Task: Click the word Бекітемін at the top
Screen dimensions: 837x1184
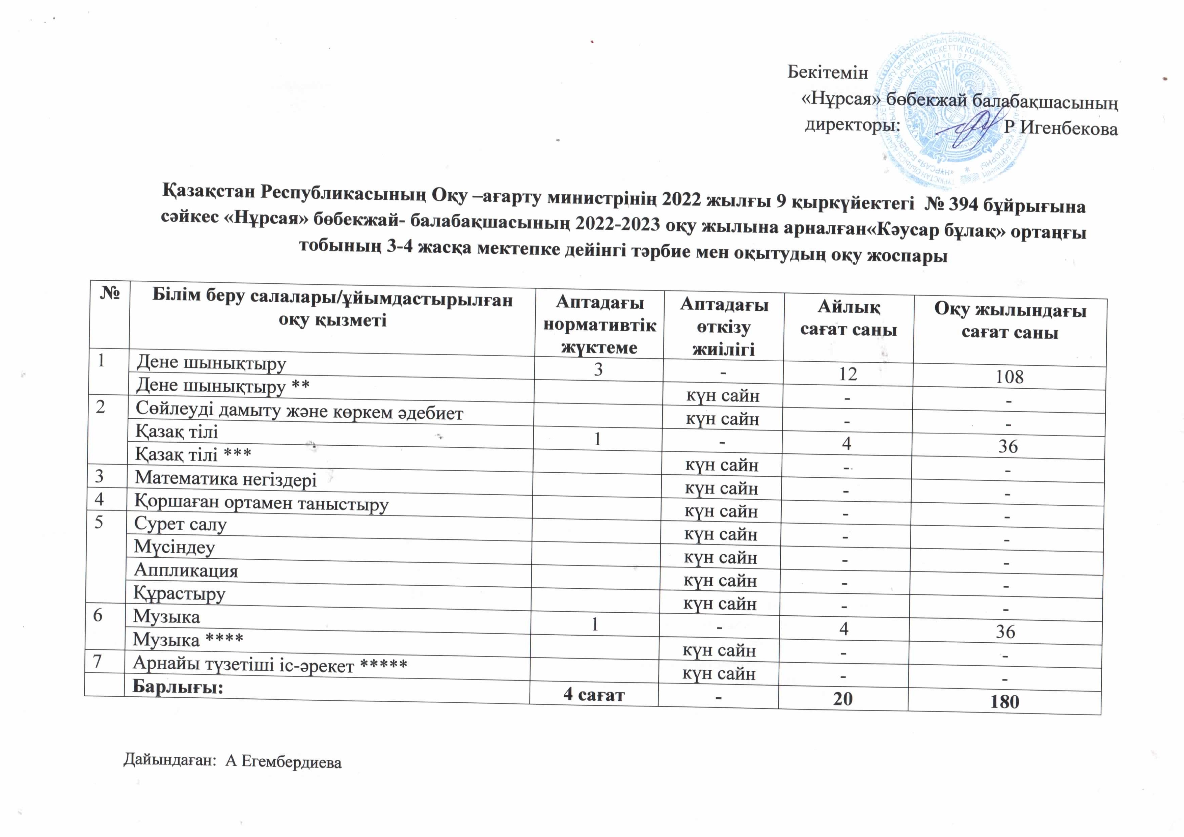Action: coord(828,73)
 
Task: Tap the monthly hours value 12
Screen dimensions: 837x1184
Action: coord(848,374)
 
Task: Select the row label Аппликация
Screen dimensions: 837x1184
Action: coord(186,570)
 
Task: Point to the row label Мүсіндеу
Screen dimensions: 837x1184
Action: coord(174,547)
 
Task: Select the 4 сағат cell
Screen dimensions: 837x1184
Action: coord(594,694)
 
